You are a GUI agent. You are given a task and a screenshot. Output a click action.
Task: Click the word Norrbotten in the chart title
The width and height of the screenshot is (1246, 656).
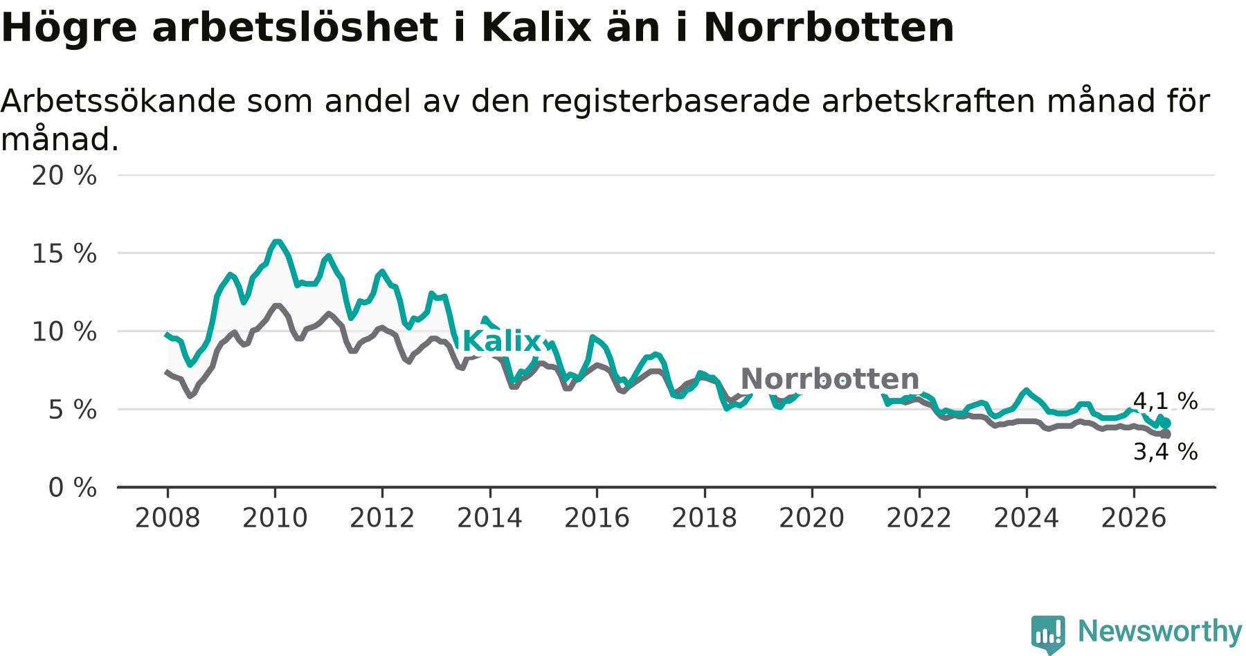point(829,28)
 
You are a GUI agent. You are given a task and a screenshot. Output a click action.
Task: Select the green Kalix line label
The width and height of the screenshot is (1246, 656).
point(501,341)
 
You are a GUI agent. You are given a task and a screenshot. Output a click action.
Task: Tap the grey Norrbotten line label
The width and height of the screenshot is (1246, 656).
point(830,379)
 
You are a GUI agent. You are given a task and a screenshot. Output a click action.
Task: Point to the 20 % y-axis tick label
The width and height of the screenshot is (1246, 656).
point(64,176)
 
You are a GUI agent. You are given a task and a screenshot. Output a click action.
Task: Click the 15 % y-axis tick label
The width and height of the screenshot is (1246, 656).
point(64,254)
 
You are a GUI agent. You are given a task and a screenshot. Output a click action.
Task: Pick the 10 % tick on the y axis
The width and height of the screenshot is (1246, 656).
point(64,331)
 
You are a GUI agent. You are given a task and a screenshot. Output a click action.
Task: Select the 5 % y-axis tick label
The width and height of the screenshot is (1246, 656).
point(73,410)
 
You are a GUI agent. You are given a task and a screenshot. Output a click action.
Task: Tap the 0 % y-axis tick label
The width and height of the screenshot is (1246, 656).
point(73,488)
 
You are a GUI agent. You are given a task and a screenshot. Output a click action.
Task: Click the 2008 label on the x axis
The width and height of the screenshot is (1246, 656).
point(168,518)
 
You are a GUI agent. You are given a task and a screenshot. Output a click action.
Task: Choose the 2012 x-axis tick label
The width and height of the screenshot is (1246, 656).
point(382,518)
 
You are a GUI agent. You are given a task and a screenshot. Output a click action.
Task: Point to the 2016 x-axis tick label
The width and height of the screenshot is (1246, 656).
point(597,518)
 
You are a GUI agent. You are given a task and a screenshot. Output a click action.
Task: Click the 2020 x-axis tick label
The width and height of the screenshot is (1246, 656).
point(812,518)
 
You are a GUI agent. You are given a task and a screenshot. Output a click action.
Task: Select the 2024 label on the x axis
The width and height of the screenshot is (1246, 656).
point(1027,518)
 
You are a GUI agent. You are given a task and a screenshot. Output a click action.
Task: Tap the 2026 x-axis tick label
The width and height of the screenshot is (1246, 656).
point(1134,518)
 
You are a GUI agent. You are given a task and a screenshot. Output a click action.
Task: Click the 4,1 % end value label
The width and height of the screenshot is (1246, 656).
point(1165,401)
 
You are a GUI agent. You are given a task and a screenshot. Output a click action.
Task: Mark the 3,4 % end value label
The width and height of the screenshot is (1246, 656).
point(1165,452)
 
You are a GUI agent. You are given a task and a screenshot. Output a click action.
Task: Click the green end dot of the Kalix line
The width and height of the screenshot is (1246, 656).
point(1166,423)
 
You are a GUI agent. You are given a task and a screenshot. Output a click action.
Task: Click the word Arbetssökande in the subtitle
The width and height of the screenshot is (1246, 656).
point(118,102)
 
